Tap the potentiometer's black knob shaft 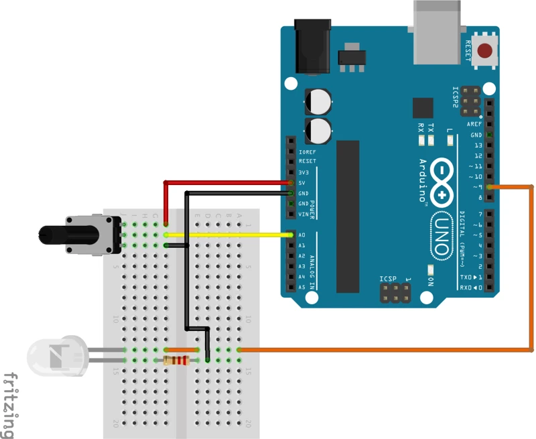point(54,234)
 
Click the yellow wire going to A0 point(228,235)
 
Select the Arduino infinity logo point(443,182)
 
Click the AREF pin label point(474,125)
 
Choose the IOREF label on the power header point(307,151)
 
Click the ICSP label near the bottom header point(389,278)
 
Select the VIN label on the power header point(303,214)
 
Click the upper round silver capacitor point(318,102)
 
